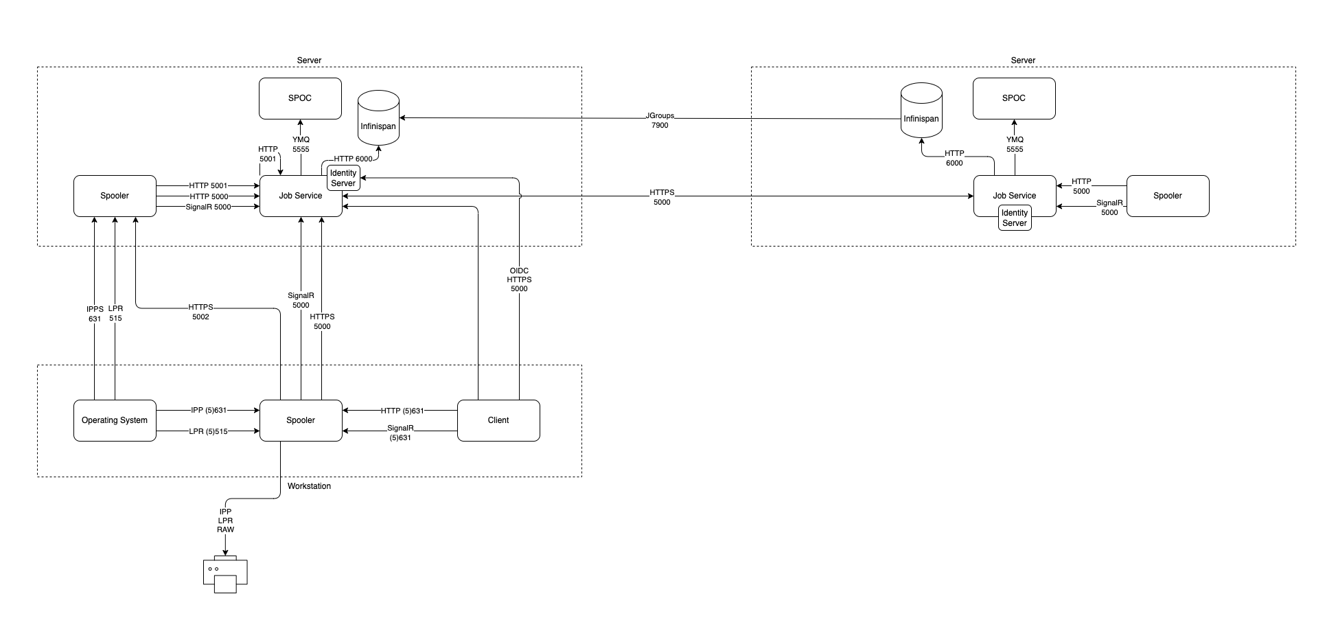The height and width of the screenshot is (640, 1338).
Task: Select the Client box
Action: tap(498, 420)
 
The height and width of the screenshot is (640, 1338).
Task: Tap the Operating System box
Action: tap(115, 420)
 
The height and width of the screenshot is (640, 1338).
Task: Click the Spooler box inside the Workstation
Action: tap(301, 420)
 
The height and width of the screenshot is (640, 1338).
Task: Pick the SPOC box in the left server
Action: tap(300, 98)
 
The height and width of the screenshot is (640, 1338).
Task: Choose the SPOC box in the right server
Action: tap(1014, 98)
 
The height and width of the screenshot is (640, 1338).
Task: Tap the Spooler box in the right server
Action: tap(1168, 196)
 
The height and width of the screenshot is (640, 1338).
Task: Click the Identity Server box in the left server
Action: tap(343, 178)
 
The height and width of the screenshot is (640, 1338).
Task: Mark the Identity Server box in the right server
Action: tap(1015, 218)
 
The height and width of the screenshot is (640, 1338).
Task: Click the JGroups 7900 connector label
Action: tap(660, 121)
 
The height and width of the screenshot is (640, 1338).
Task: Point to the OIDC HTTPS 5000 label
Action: tap(519, 279)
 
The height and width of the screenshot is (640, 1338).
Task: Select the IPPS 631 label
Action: tap(95, 314)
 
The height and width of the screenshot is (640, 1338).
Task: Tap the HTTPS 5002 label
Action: tap(200, 312)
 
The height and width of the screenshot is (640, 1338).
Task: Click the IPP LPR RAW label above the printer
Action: tap(225, 521)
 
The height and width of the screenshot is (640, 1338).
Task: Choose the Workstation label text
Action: tap(309, 486)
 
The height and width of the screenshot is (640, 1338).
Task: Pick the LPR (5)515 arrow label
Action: tap(208, 431)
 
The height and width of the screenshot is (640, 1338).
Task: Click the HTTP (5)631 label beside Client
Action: tap(402, 411)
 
